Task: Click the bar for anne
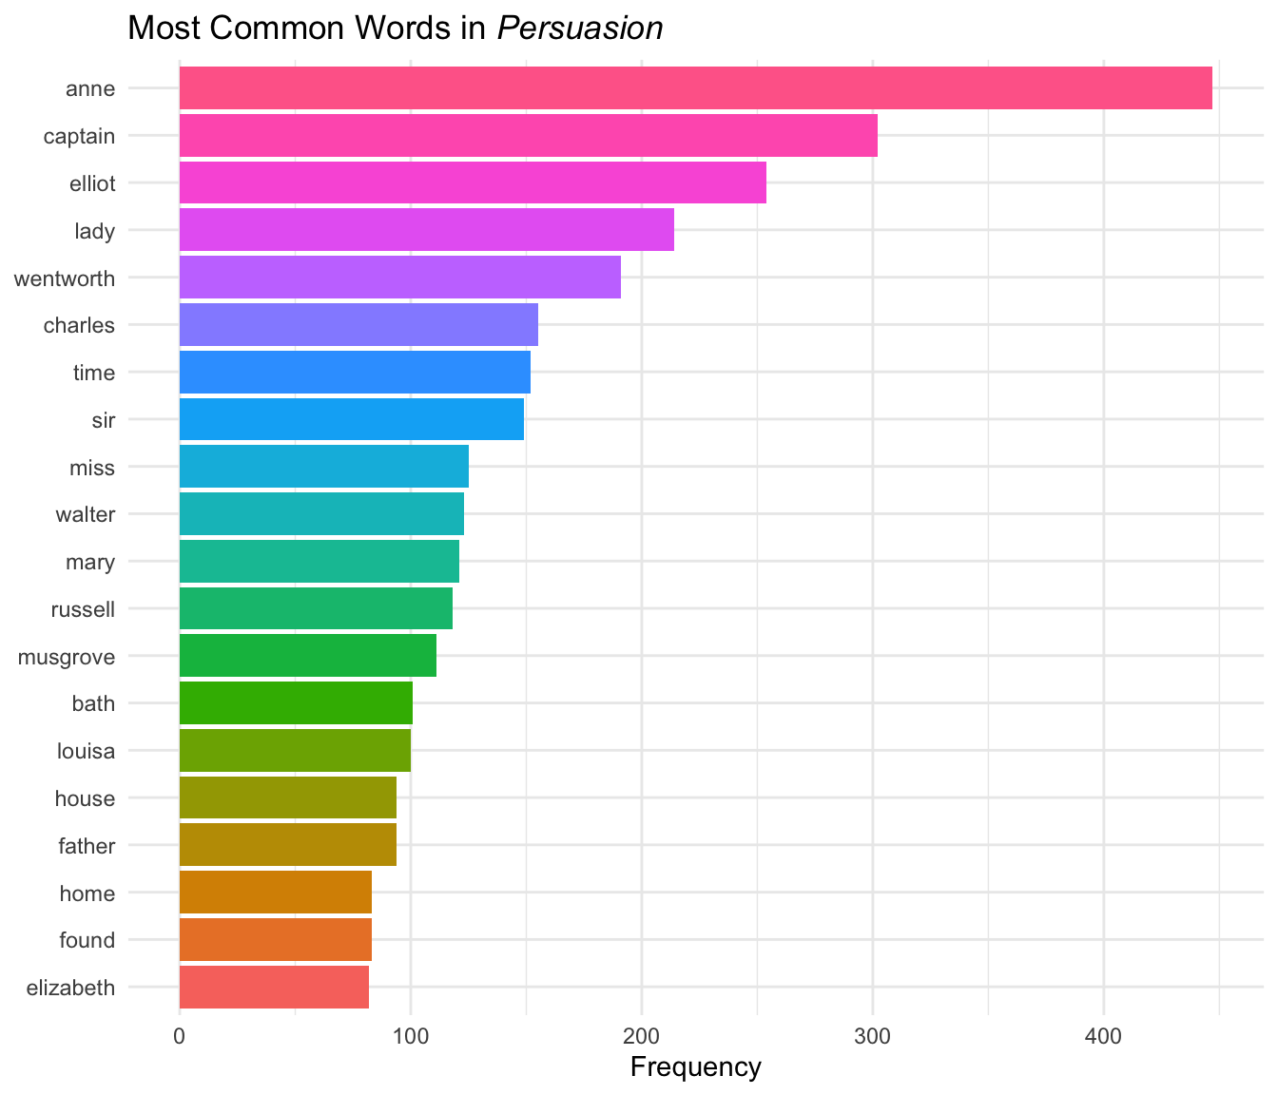695,88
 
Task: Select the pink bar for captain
528,136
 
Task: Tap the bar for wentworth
399,278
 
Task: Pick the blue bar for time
355,372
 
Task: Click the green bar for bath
296,703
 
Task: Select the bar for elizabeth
274,987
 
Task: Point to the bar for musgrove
307,656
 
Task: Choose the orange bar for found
275,940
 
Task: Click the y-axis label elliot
92,183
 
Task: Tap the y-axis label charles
79,325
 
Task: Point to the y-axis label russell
82,609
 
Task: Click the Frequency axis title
695,1067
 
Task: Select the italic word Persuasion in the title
579,29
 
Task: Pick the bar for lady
426,230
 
